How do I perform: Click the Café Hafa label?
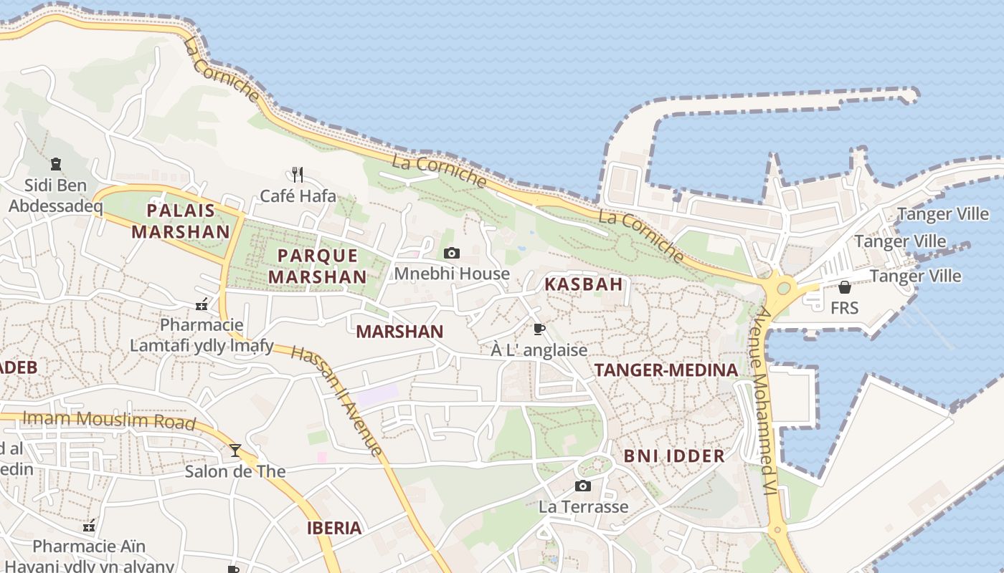point(298,196)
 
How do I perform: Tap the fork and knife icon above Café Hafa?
point(298,174)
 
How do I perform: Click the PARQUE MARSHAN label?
point(317,266)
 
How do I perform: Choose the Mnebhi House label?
point(452,274)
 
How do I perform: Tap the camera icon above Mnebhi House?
point(452,253)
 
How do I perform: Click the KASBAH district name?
point(583,284)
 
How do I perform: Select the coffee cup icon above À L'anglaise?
point(539,329)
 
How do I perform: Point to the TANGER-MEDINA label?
point(666,370)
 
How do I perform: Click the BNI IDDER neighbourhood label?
point(673,456)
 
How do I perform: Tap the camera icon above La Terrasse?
point(583,486)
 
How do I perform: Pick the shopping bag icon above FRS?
point(845,287)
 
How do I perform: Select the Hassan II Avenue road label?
point(337,399)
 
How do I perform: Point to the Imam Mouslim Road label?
point(109,420)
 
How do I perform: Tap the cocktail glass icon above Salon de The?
point(235,451)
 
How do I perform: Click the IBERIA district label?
point(334,529)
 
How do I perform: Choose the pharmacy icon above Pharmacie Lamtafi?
point(202,304)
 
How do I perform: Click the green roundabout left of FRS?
point(783,288)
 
